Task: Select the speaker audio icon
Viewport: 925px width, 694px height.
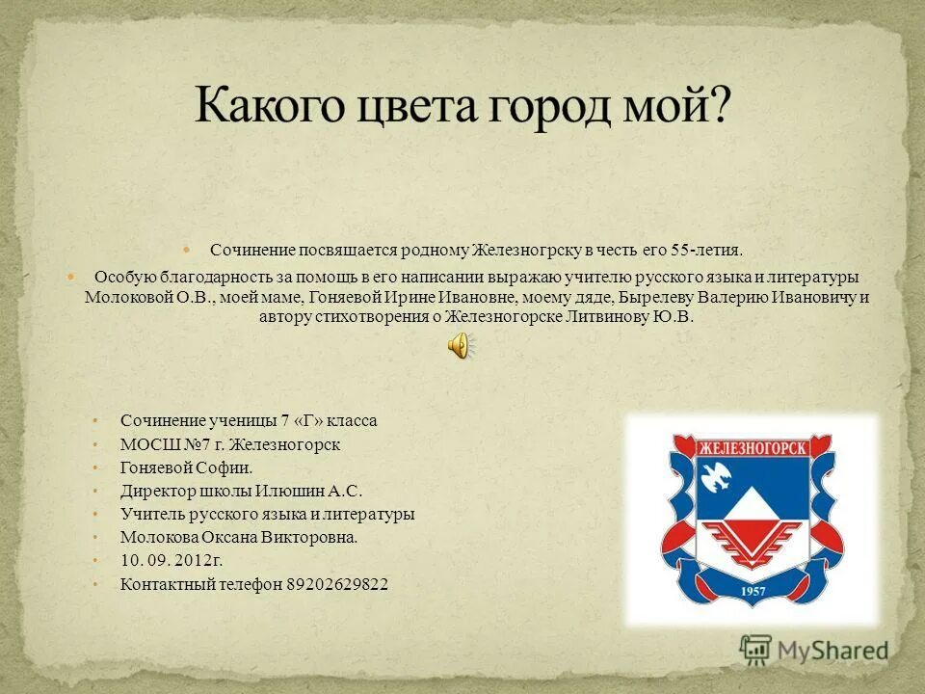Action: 462,345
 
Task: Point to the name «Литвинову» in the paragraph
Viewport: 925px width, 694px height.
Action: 602,315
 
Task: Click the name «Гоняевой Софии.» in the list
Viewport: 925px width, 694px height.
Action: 186,467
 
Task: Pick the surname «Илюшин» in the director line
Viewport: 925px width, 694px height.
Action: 285,491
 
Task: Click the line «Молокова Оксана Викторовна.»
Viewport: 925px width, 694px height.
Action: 239,537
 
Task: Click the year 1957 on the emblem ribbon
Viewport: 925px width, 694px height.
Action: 753,591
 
